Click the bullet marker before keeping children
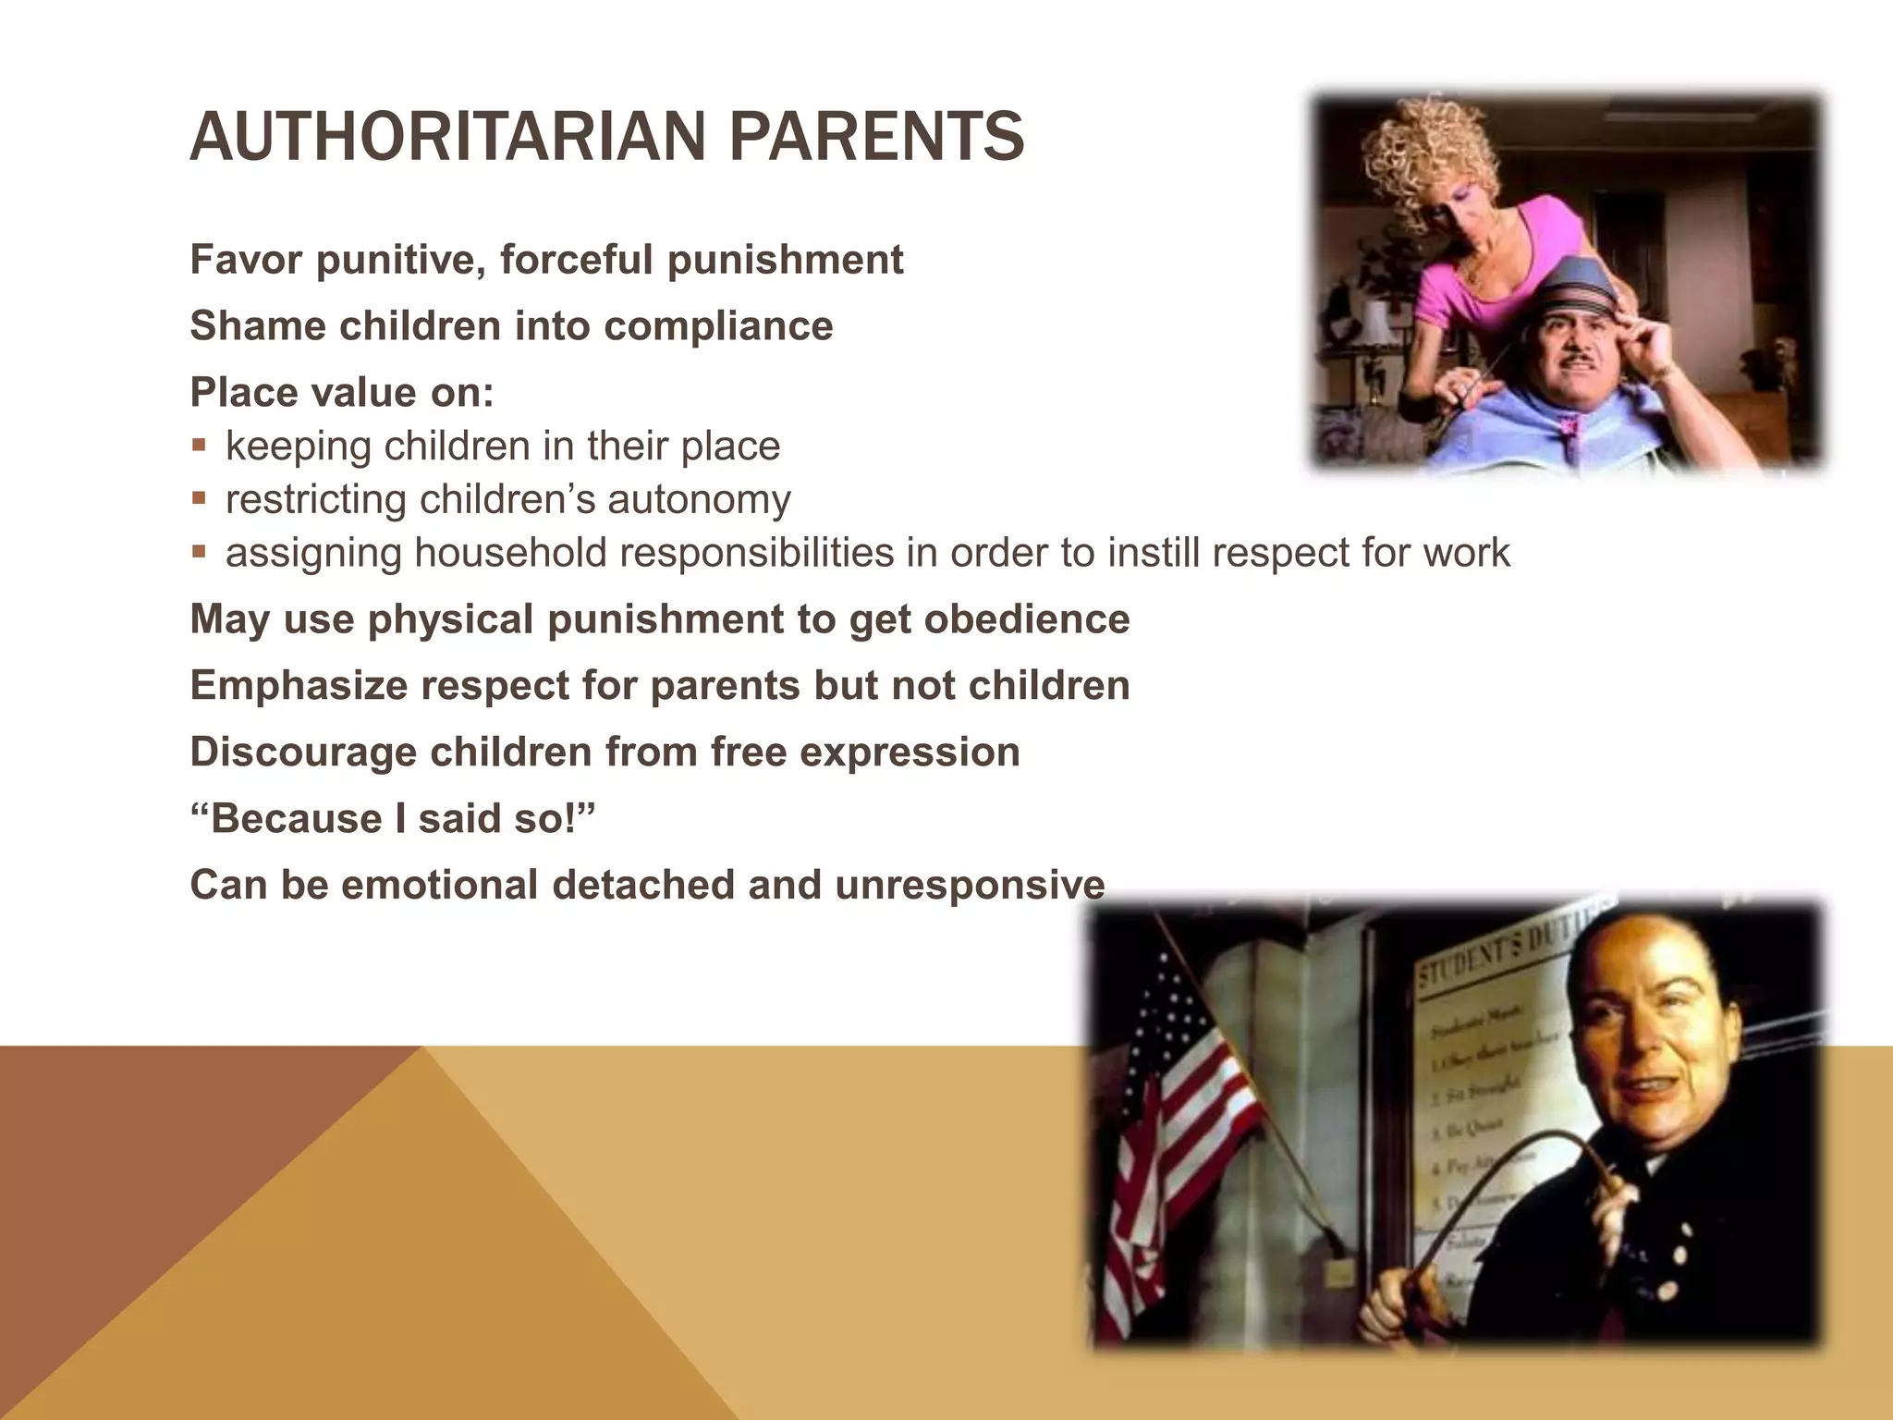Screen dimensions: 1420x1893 [x=199, y=445]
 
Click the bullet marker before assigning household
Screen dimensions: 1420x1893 [x=199, y=552]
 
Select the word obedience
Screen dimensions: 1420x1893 [x=1026, y=618]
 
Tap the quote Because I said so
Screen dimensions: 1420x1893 [x=393, y=818]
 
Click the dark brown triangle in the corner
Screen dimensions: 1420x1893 [x=139, y=1202]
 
